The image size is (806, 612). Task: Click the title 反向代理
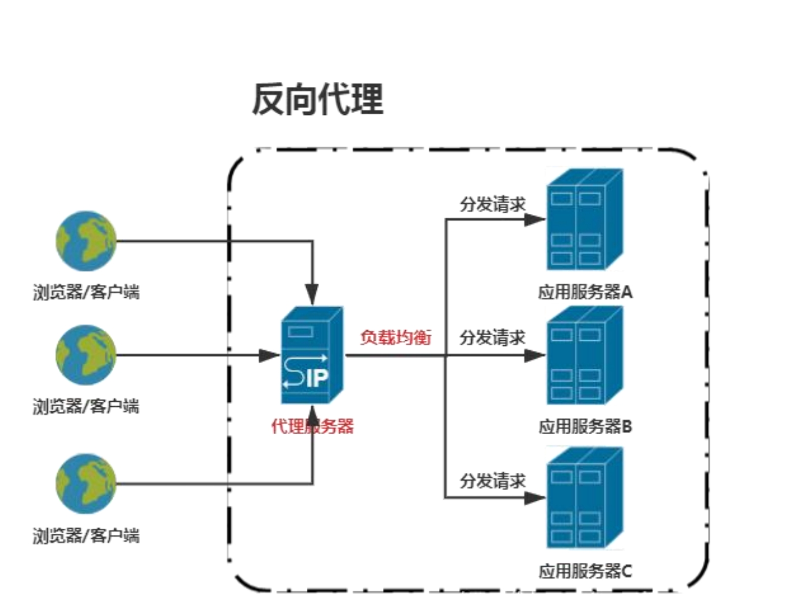tap(317, 99)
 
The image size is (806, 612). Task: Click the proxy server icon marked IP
tap(312, 355)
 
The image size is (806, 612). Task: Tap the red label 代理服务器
tap(312, 426)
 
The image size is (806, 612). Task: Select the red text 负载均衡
tap(396, 337)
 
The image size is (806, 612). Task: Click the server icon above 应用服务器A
tap(584, 219)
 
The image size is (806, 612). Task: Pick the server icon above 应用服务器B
tap(584, 356)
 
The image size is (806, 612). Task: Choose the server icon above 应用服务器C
tap(584, 498)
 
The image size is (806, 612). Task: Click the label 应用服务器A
tap(585, 292)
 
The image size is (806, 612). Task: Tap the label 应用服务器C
tap(585, 571)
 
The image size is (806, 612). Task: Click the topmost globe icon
tap(86, 241)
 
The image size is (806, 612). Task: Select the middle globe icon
tap(86, 355)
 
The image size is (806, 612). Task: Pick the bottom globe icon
tap(86, 484)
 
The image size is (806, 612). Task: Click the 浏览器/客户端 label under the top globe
tap(86, 292)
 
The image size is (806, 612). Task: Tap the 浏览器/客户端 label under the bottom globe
tap(86, 535)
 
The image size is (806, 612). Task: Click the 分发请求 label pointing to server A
tap(492, 204)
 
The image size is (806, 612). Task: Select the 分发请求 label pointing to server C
tap(492, 480)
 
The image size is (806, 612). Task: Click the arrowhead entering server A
tap(534, 220)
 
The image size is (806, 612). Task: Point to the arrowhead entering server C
tap(534, 498)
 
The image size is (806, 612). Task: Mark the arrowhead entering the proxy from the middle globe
tap(269, 356)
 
